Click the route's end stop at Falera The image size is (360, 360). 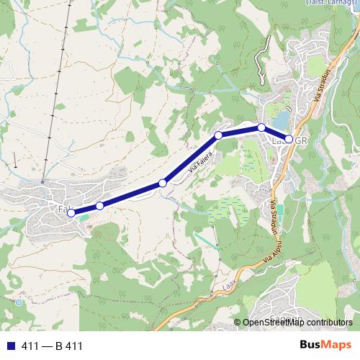[71, 212]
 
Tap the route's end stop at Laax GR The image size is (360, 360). [289, 139]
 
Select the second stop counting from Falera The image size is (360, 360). [99, 206]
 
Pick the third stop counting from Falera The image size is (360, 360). [163, 184]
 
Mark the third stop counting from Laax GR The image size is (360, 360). [218, 135]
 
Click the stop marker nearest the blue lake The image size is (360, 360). [261, 127]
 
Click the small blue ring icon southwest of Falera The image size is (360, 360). [18, 303]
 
